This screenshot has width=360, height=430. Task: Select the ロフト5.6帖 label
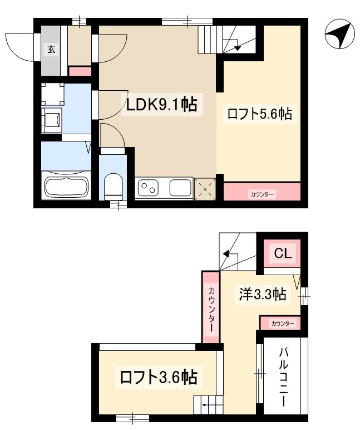pyautogui.click(x=259, y=114)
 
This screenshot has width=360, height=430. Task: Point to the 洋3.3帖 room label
pyautogui.click(x=263, y=294)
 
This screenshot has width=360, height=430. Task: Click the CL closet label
pyautogui.click(x=282, y=253)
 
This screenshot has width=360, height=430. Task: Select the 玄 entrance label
pyautogui.click(x=51, y=50)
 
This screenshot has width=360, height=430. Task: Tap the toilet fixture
pyautogui.click(x=114, y=185)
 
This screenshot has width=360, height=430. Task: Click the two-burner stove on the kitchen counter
pyautogui.click(x=149, y=188)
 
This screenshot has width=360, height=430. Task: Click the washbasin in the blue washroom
pyautogui.click(x=53, y=119)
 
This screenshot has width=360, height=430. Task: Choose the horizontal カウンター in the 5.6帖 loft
pyautogui.click(x=262, y=193)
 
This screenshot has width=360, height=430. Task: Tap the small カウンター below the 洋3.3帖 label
pyautogui.click(x=281, y=324)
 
